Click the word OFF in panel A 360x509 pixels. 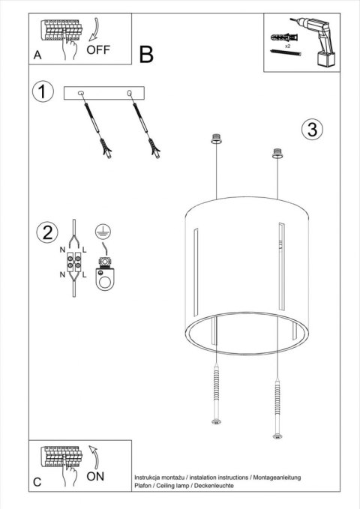click(x=98, y=50)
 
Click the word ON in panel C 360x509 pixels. click(x=96, y=475)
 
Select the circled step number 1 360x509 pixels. click(x=43, y=93)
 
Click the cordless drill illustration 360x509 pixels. click(x=318, y=40)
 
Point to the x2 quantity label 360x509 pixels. click(x=287, y=46)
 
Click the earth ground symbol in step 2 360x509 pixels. click(x=102, y=231)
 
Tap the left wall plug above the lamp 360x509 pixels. click(x=217, y=138)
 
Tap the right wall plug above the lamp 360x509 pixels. click(x=279, y=153)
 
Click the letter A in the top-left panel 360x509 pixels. click(x=37, y=55)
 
